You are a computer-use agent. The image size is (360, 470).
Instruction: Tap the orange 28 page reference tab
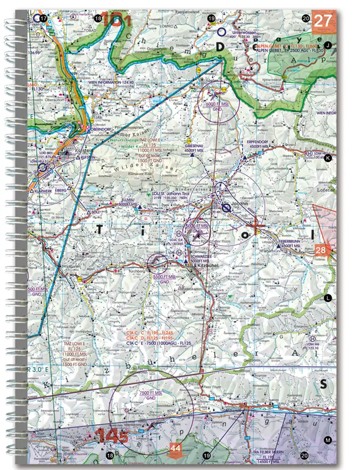[x=322, y=251]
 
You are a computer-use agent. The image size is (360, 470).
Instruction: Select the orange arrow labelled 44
[x=175, y=449]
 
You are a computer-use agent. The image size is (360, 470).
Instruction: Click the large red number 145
[x=112, y=436]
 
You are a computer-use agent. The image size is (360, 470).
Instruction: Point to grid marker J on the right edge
[x=328, y=45]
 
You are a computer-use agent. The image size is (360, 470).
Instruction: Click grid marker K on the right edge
[x=328, y=158]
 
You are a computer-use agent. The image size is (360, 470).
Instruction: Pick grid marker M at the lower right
[x=328, y=440]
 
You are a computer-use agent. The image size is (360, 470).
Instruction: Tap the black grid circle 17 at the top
[x=44, y=18]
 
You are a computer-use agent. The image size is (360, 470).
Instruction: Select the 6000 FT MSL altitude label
[x=217, y=104]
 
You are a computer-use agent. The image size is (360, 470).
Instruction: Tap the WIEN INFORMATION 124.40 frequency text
[x=111, y=83]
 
